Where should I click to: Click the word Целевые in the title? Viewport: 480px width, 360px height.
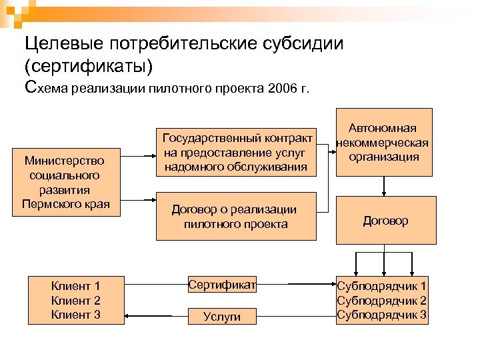tap(57, 44)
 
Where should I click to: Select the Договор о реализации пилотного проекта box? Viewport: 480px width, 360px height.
tap(235, 216)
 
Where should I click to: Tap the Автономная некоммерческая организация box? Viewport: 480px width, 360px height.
tap(384, 142)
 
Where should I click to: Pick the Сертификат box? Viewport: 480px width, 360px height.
tap(222, 285)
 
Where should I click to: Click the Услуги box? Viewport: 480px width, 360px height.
tap(222, 317)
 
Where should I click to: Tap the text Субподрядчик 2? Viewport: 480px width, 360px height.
tap(382, 301)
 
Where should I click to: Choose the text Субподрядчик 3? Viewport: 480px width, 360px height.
tap(382, 315)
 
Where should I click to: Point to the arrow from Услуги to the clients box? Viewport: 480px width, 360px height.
tap(156, 317)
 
